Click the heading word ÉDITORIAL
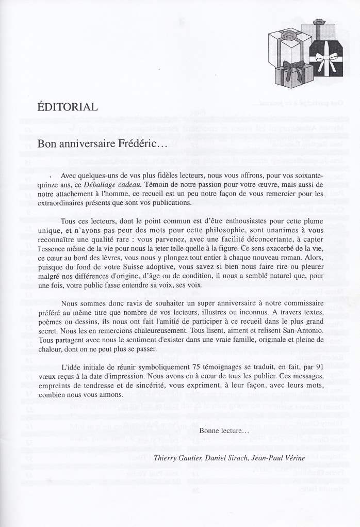(x=68, y=107)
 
